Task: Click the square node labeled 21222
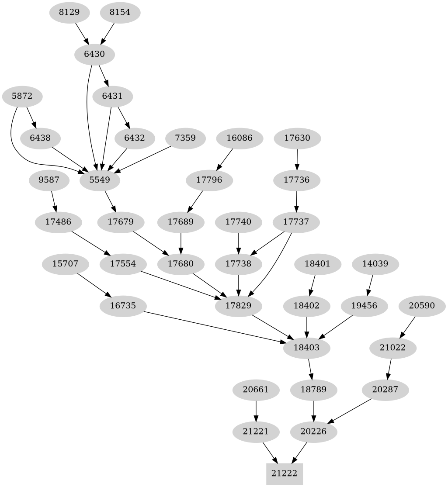pos(285,473)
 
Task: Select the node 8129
pos(69,12)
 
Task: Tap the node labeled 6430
pos(94,54)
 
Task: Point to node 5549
pos(100,180)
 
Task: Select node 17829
pos(238,305)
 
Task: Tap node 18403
pos(307,348)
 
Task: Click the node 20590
pos(422,305)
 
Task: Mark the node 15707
pos(65,264)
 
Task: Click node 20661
pos(256,389)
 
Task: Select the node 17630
pos(297,138)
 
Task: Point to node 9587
pos(49,180)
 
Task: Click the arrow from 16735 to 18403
pos(214,326)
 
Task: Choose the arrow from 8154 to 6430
pos(108,33)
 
